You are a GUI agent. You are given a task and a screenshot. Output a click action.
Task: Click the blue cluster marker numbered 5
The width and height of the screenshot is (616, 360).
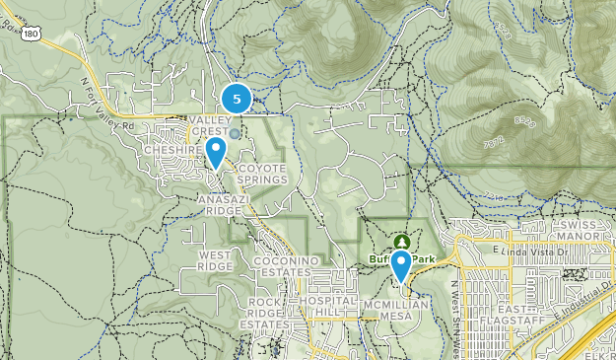[x=237, y=99]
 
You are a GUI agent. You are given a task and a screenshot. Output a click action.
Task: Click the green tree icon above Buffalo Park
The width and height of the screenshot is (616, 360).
[x=402, y=241]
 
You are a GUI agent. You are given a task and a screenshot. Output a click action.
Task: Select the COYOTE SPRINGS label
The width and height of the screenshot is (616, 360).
[x=262, y=174]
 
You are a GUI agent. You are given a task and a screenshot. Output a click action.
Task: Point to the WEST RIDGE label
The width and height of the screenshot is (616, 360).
[x=215, y=259]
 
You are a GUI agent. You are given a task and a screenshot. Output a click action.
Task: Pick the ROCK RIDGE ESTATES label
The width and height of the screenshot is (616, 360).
[x=267, y=313]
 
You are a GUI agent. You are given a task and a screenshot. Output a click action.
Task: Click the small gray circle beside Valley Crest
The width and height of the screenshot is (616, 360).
[x=235, y=132]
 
